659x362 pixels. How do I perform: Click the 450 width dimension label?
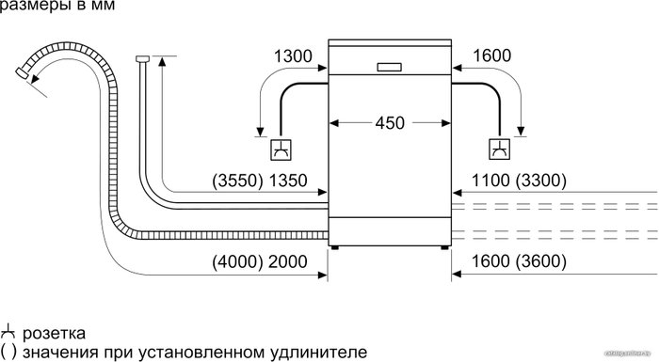(390, 122)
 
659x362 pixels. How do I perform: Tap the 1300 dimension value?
(293, 55)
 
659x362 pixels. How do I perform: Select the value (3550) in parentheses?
(238, 181)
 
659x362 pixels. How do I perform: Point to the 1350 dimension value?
(288, 181)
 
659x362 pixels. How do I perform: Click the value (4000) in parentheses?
(238, 261)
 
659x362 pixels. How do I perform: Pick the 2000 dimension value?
(288, 261)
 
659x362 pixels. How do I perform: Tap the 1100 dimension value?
(490, 181)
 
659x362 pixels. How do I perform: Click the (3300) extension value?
(541, 181)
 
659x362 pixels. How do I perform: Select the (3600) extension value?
(541, 261)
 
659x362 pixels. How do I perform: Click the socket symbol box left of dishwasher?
(281, 150)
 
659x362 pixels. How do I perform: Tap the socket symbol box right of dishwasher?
(500, 150)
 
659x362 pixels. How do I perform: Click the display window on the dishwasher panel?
(389, 67)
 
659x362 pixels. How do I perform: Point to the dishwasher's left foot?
(334, 248)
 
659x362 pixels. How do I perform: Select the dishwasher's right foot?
(444, 248)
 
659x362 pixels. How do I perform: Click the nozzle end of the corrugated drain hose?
(22, 72)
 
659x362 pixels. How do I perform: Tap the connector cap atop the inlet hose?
(143, 58)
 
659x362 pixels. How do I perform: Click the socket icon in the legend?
(8, 333)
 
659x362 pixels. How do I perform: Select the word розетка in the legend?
(54, 334)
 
